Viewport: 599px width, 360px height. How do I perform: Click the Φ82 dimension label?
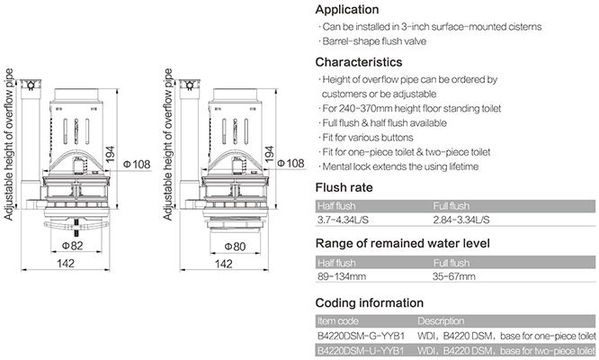tap(73, 246)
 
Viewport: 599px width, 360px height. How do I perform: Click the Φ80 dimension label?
tap(235, 247)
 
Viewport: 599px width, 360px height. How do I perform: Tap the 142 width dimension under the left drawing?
tap(66, 264)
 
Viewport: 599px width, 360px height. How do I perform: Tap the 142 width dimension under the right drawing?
tap(223, 264)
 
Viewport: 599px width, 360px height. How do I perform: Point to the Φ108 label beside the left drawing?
tap(137, 165)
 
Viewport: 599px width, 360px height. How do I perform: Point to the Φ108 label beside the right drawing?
tap(291, 163)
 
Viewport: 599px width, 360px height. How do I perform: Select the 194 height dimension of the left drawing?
tap(110, 154)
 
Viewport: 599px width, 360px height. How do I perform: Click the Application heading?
tap(347, 10)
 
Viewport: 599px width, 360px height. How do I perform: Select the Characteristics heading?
tap(359, 62)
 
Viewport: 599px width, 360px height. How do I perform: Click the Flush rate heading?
tap(344, 187)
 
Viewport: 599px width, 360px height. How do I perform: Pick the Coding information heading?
tap(370, 303)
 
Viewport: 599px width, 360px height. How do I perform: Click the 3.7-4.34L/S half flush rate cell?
tap(343, 220)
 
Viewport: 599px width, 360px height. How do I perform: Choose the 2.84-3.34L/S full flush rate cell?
tap(461, 220)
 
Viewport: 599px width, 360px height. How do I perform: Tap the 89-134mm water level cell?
tap(342, 276)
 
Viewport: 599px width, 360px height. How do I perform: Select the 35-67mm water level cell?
tap(454, 276)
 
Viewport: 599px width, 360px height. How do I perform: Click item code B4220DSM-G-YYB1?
tap(361, 337)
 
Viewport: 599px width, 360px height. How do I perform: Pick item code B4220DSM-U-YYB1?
tap(361, 351)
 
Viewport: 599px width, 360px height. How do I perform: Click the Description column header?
tap(441, 321)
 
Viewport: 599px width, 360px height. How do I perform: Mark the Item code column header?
tap(338, 321)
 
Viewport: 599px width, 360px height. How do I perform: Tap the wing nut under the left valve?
tap(76, 226)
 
